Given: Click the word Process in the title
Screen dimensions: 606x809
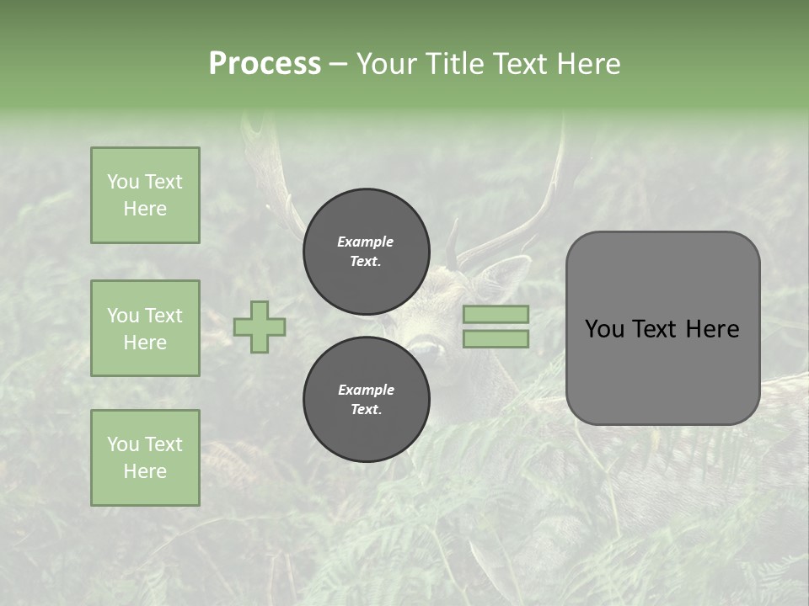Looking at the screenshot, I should point(265,64).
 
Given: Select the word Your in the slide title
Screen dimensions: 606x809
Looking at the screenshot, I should point(388,64).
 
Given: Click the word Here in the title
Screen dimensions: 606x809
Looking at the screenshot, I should point(587,64).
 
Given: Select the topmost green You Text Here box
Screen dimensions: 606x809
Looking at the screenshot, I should point(145,195).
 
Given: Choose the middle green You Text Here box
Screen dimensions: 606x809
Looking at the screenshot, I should point(145,328).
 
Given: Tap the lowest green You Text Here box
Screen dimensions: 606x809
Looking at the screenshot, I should point(145,458).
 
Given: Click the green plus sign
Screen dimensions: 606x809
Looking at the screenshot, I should point(260,327).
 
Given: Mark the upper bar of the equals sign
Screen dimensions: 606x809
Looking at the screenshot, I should point(496,314).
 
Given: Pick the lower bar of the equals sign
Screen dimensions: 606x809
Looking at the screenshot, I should point(496,338).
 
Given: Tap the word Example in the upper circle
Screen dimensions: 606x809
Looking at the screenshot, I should point(366,242).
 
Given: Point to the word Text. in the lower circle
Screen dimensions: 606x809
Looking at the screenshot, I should point(366,410).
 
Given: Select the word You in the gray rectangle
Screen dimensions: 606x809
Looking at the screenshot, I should point(605,329).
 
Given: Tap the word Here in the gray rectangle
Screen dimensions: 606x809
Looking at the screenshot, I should point(712,329).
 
